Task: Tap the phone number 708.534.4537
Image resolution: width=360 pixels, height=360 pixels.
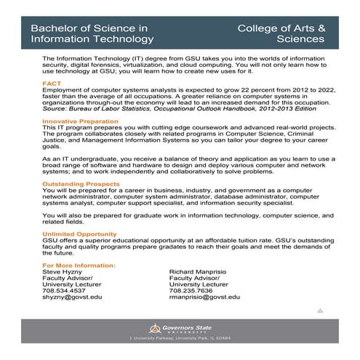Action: (x=64, y=291)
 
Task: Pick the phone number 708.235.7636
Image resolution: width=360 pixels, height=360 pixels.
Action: (x=190, y=291)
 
